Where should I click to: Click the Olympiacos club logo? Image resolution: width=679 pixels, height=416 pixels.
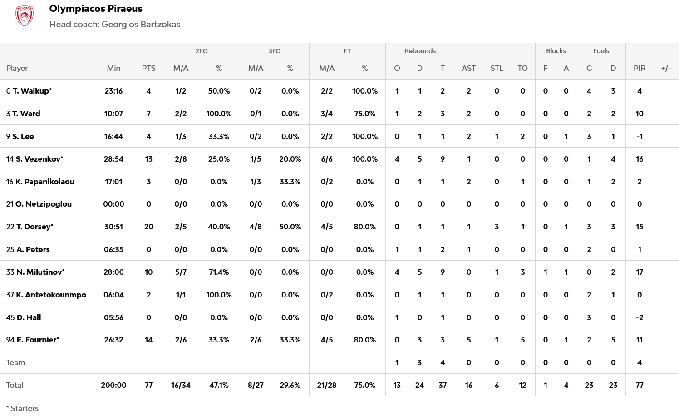[25, 16]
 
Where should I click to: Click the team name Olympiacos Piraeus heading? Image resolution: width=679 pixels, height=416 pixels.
[96, 9]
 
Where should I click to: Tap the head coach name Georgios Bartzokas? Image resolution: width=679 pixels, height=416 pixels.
[141, 25]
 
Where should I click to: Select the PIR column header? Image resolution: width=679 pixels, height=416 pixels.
[639, 68]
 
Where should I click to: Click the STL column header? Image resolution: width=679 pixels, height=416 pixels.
[497, 68]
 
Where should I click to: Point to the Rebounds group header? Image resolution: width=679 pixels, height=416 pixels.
[420, 51]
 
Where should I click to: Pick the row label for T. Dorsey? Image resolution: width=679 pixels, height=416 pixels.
[30, 227]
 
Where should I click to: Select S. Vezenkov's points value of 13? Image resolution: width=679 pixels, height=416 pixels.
[148, 159]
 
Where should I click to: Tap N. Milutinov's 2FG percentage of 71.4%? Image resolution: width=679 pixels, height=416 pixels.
[219, 272]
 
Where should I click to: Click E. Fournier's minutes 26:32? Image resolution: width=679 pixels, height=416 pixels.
[113, 340]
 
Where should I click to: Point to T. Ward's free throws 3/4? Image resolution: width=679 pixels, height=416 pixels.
[326, 114]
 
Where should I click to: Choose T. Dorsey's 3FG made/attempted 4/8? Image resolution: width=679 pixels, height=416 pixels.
[256, 227]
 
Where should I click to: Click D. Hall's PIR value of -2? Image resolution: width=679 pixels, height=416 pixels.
[639, 317]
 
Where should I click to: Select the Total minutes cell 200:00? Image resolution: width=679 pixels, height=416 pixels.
[113, 385]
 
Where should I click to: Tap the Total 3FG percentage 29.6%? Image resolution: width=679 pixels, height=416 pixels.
[290, 385]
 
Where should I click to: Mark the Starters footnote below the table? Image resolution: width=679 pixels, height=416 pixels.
[23, 408]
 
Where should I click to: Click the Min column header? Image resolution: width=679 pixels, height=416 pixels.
[113, 68]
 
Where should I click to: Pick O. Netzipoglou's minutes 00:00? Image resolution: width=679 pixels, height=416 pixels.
[113, 204]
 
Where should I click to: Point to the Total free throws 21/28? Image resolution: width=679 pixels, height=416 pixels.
[326, 385]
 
